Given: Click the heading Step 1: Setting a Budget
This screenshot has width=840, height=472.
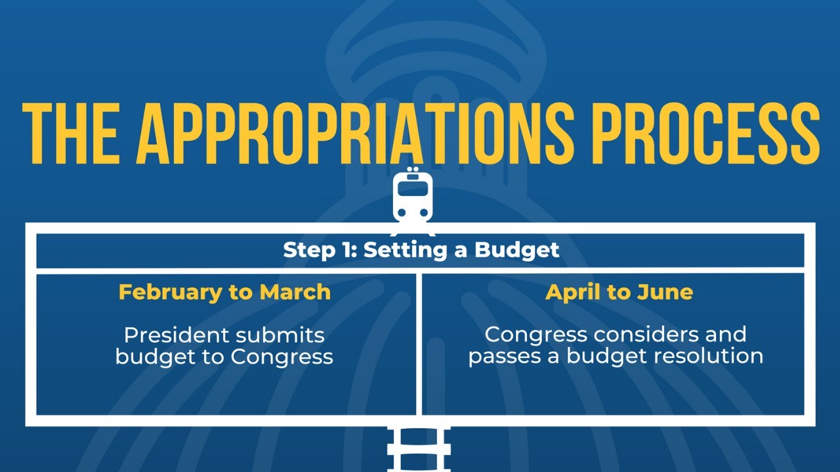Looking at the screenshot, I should click(x=421, y=250).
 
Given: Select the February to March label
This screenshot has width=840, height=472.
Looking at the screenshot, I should click(x=224, y=292).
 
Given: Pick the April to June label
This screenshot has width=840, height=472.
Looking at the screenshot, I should click(x=619, y=292).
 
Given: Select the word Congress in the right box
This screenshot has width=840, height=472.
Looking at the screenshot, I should click(x=535, y=334).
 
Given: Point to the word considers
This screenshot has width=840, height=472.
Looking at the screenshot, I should click(x=647, y=334).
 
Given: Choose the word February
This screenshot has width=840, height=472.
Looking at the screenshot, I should click(x=170, y=292).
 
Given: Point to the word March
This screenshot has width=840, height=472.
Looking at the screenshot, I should click(x=295, y=292).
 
